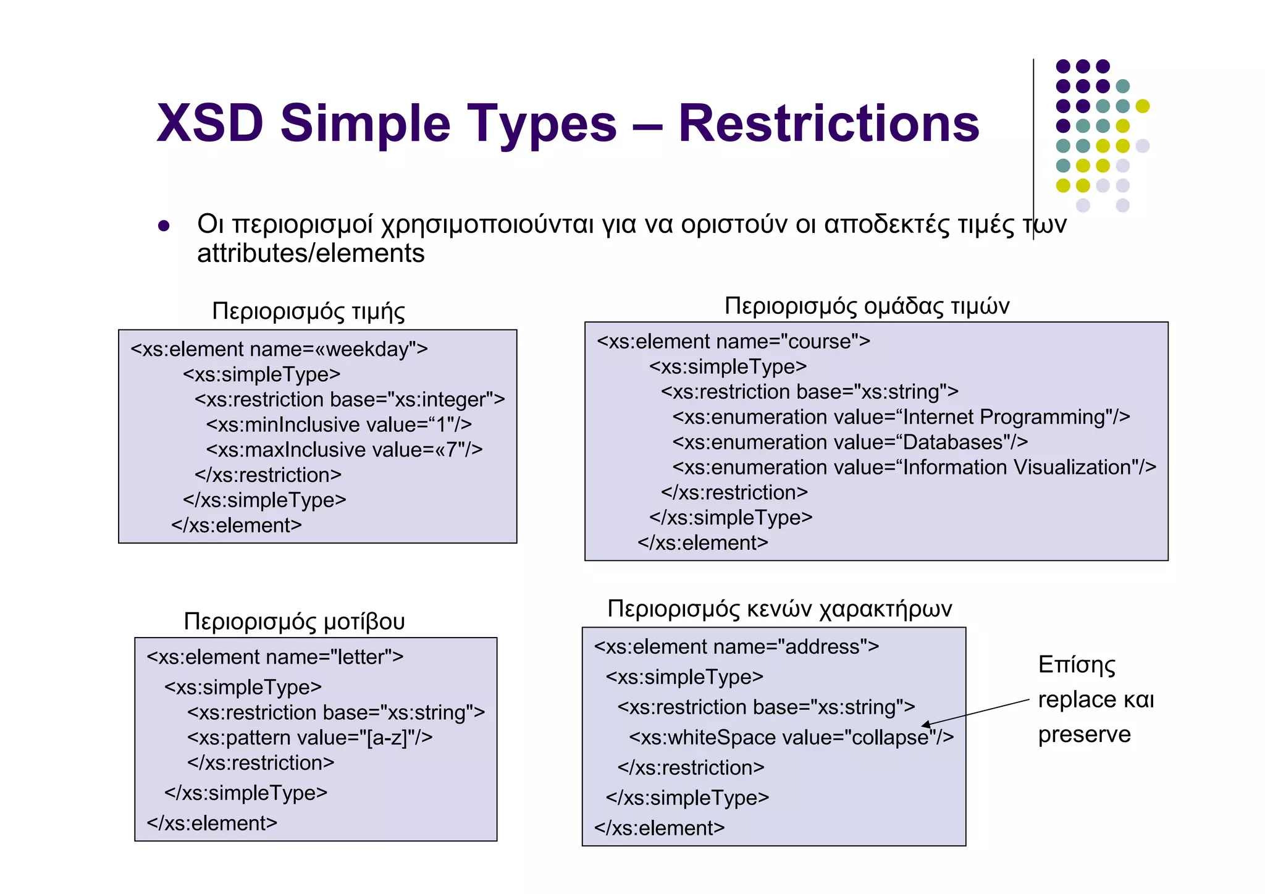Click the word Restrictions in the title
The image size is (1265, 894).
point(828,124)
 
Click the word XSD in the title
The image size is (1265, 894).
point(210,124)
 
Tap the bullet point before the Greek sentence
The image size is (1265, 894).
point(164,226)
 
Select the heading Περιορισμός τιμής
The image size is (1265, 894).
point(308,311)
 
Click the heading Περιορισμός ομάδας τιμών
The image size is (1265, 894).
point(867,306)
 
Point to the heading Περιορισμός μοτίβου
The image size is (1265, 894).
point(294,621)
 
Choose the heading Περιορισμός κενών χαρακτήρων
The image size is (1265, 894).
point(780,609)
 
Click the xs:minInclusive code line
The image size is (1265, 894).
point(338,424)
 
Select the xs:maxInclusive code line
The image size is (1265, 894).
point(344,450)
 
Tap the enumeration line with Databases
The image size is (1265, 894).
point(850,442)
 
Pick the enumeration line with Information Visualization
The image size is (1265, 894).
point(914,468)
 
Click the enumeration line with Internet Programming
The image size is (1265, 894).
point(901,417)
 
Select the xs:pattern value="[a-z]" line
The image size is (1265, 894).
point(309,738)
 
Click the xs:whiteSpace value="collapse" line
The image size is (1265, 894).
point(791,737)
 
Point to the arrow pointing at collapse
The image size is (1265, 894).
point(976,712)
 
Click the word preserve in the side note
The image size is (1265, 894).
point(1084,735)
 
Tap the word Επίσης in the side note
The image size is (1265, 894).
point(1077,665)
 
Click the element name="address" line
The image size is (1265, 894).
point(736,647)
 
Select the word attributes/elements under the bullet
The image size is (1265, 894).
point(311,254)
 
